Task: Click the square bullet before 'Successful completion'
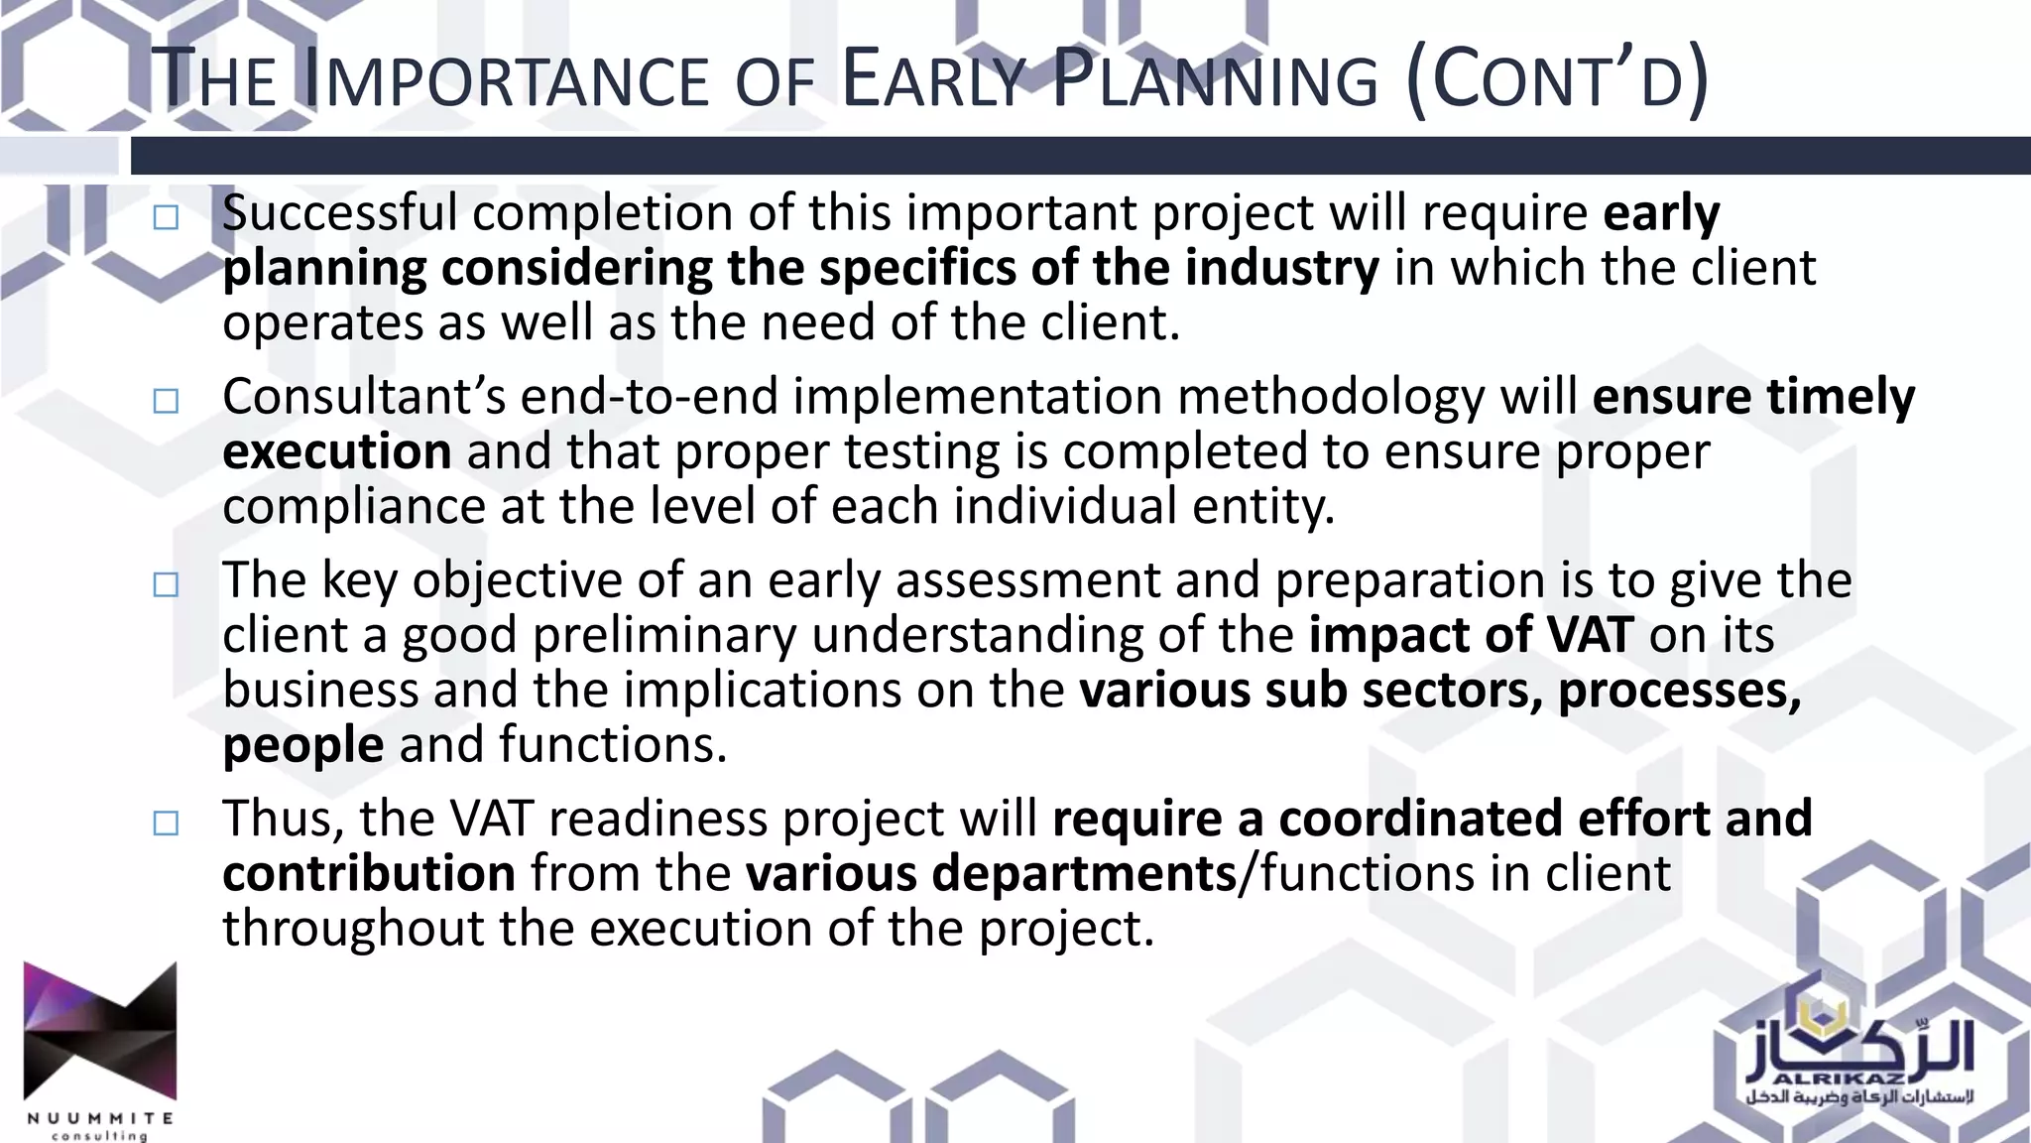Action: click(x=166, y=217)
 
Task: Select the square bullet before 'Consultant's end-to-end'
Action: click(x=166, y=401)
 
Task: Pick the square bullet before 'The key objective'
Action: click(x=166, y=584)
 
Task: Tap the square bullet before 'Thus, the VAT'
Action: click(x=166, y=823)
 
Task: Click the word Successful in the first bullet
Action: click(x=340, y=213)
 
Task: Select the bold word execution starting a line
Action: click(x=337, y=451)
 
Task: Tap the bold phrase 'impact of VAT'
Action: click(x=1470, y=635)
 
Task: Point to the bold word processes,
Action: click(x=1679, y=691)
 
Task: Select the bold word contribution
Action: click(x=369, y=873)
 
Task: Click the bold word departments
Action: click(x=1083, y=873)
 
